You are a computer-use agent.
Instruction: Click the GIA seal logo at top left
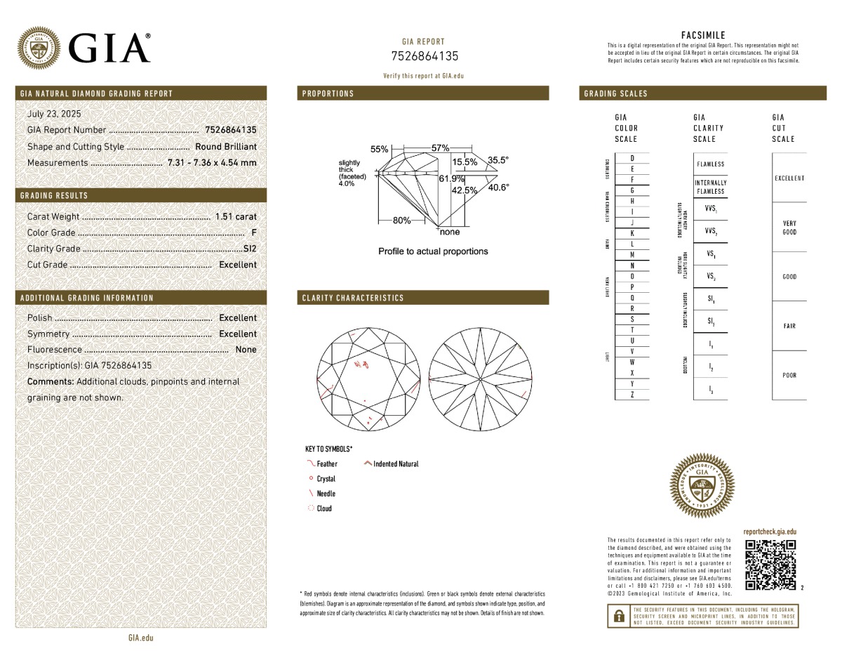click(39, 48)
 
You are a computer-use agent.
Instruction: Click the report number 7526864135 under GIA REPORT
click(424, 56)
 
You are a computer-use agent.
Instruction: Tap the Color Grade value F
click(253, 232)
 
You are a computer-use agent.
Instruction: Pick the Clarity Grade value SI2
click(249, 249)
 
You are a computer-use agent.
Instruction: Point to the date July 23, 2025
click(54, 114)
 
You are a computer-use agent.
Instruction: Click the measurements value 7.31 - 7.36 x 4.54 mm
click(212, 163)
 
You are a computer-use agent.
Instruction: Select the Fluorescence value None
click(246, 350)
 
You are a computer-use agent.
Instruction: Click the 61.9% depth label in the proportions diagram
click(451, 178)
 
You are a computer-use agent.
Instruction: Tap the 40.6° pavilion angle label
click(498, 188)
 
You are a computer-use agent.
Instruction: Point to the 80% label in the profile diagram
click(402, 221)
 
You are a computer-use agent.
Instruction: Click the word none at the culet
click(449, 232)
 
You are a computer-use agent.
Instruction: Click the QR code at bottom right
click(770, 565)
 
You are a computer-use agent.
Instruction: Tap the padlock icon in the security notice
click(618, 617)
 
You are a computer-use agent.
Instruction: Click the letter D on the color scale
click(632, 159)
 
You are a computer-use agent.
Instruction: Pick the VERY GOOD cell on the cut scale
click(789, 228)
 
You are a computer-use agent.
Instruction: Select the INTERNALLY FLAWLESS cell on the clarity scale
click(710, 187)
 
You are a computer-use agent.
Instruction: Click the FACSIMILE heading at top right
click(703, 35)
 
